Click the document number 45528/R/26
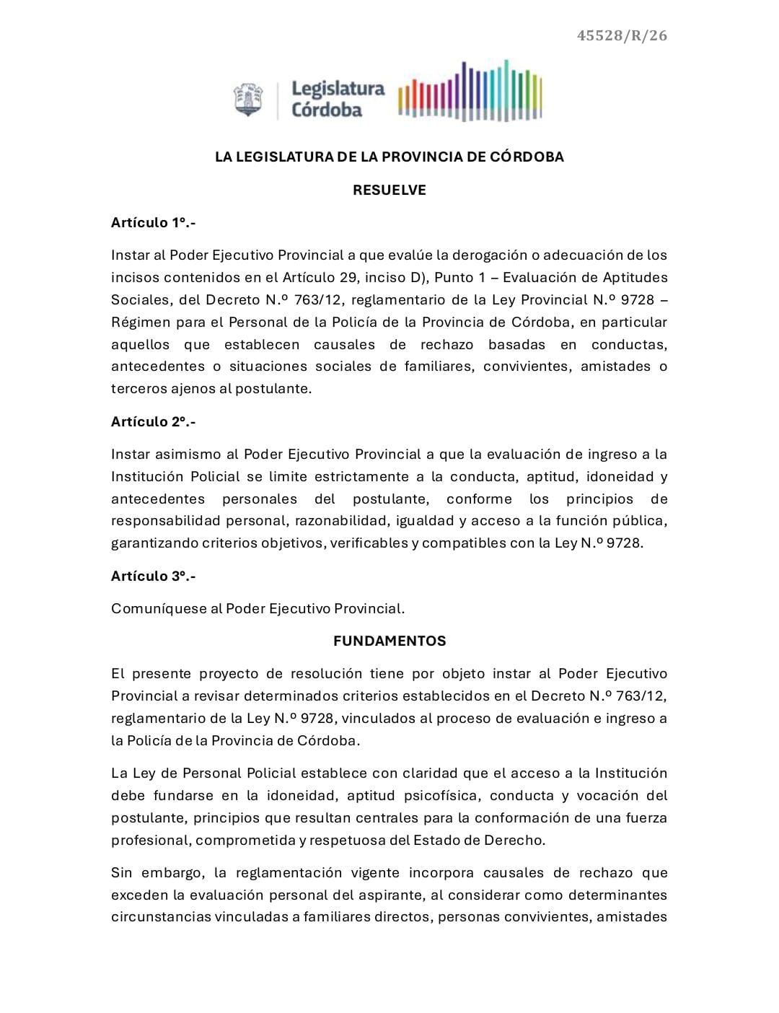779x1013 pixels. tap(622, 35)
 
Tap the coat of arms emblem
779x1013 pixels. tap(249, 100)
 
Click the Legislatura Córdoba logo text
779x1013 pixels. tap(338, 100)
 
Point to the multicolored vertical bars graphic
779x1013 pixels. tap(470, 92)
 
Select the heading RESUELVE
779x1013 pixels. tap(389, 190)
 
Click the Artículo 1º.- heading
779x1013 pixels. tap(154, 222)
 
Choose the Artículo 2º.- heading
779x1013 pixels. tap(154, 421)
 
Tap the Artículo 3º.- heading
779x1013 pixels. tap(154, 576)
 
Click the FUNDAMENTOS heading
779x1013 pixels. tap(389, 641)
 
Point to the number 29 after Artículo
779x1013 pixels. tap(349, 277)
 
